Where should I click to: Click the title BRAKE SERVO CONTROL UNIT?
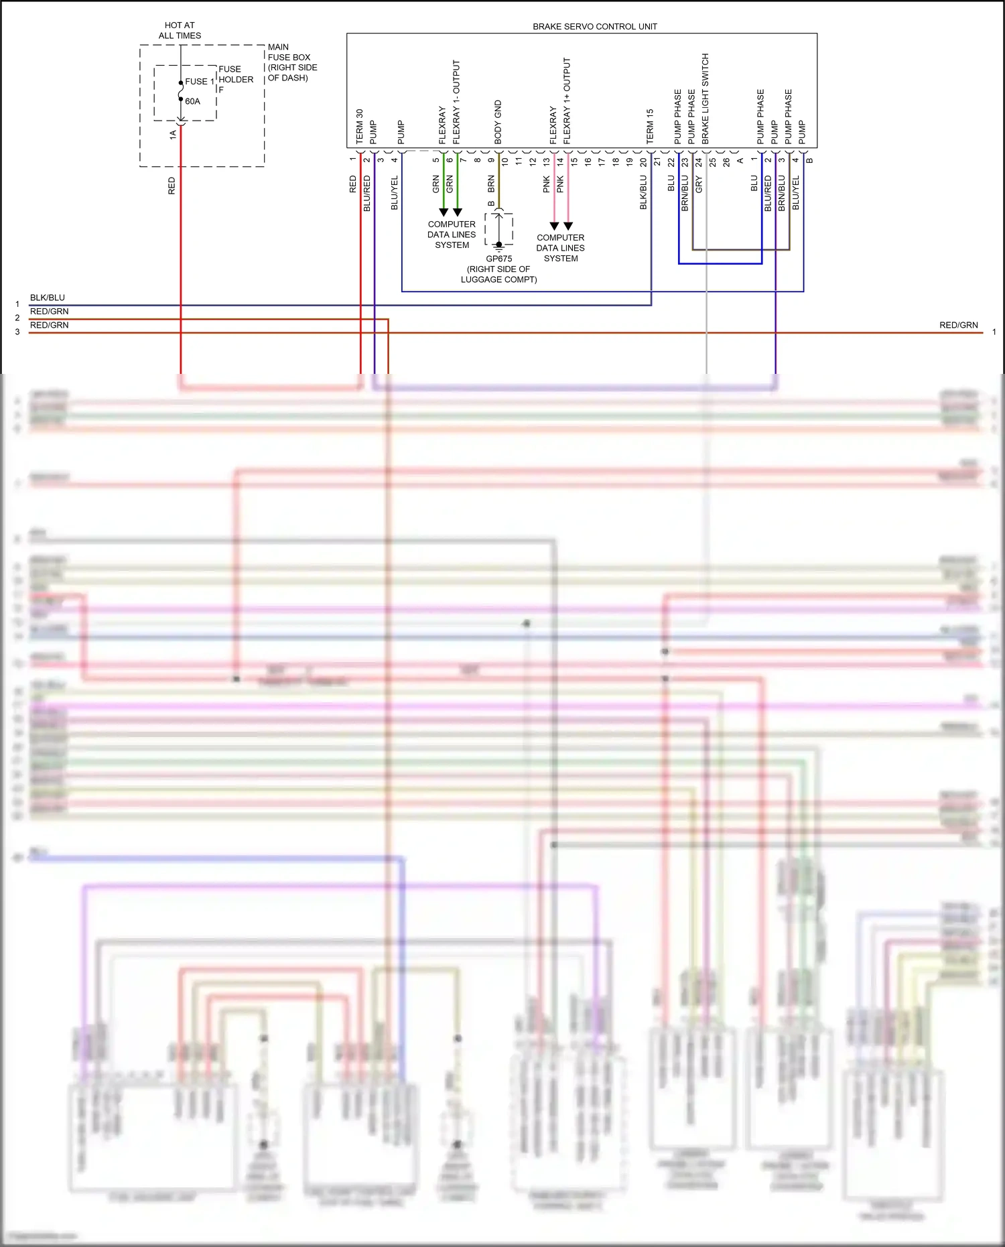(594, 27)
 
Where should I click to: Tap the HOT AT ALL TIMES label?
(180, 30)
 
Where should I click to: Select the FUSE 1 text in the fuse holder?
(200, 82)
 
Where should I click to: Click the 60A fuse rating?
(192, 102)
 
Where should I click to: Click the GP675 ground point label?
(498, 259)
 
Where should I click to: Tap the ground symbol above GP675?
(498, 246)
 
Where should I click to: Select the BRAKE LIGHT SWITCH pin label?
(705, 99)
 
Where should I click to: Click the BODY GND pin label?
(498, 122)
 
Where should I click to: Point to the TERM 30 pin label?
(359, 126)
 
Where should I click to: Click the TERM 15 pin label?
(650, 126)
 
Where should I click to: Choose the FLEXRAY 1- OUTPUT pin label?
(456, 102)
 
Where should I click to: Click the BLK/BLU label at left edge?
(48, 298)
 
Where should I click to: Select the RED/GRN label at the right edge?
(958, 325)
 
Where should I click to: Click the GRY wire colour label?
(699, 185)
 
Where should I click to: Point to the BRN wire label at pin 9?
(491, 184)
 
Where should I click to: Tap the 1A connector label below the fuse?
(173, 134)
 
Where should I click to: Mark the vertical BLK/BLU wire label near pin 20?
(643, 192)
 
